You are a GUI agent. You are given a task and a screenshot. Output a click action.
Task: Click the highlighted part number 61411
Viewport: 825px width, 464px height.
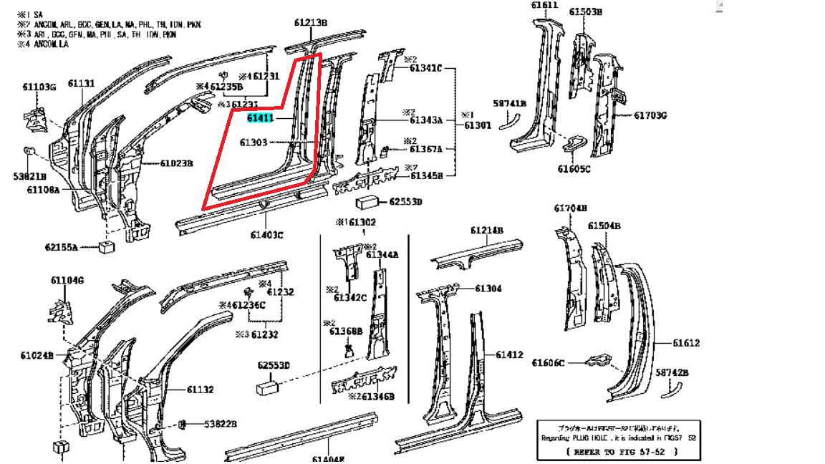(261, 117)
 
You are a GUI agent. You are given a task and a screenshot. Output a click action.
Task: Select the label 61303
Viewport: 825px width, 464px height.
(254, 142)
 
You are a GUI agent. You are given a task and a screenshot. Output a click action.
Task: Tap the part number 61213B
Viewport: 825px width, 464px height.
(310, 23)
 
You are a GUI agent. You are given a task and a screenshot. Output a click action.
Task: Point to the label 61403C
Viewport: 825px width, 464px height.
(266, 234)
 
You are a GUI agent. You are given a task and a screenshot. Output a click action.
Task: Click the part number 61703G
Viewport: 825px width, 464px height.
(650, 115)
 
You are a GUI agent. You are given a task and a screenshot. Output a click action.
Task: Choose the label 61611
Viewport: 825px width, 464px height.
(544, 6)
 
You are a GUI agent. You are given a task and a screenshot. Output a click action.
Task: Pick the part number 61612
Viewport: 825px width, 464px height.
(686, 343)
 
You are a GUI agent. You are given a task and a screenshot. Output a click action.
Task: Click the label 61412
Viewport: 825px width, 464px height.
(509, 354)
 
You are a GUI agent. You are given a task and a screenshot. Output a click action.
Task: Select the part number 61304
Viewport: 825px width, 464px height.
(488, 289)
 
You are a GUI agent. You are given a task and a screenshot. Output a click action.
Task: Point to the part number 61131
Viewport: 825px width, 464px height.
(81, 84)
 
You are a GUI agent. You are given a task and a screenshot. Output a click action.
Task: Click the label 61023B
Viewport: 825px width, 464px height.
(176, 163)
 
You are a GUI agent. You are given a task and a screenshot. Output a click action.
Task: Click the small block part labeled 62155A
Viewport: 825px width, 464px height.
(108, 247)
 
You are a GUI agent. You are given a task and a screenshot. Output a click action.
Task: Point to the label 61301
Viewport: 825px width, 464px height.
(477, 125)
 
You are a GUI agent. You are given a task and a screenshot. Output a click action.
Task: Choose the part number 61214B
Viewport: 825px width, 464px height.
(487, 231)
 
